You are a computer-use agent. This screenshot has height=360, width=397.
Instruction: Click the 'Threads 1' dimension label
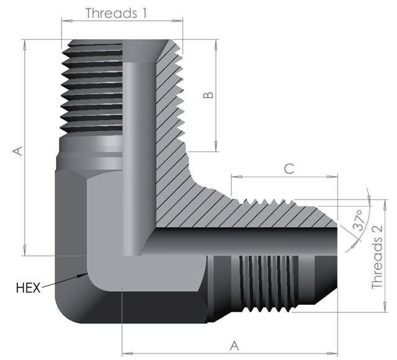(117, 12)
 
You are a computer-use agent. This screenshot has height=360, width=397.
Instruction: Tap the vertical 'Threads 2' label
(377, 256)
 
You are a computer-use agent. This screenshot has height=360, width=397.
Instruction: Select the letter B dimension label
(209, 95)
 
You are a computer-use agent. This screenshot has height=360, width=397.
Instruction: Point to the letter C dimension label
(288, 168)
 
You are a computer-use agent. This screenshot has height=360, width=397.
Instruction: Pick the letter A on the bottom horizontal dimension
(234, 344)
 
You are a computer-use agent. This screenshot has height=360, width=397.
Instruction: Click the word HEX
(28, 287)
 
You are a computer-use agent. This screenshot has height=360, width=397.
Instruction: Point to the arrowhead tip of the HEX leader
(86, 274)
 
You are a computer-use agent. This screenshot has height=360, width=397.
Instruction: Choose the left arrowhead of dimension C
(233, 176)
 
